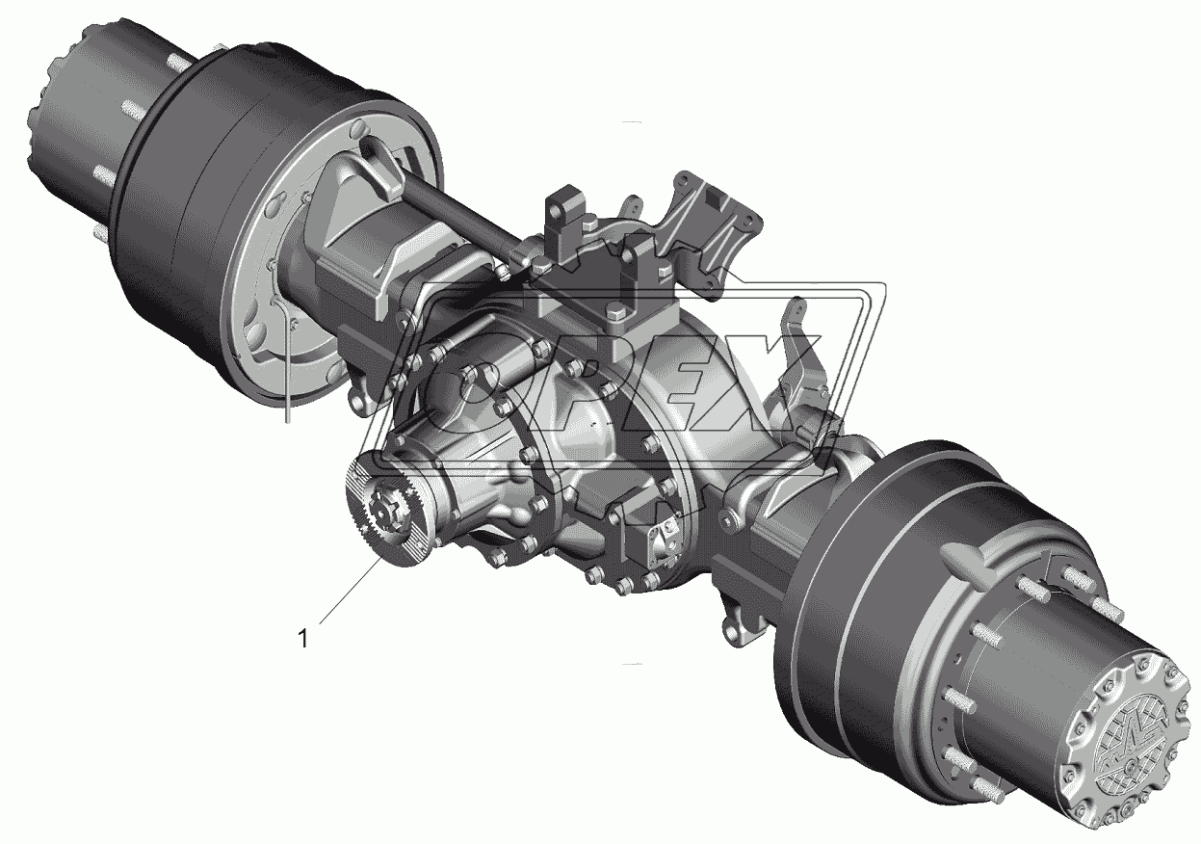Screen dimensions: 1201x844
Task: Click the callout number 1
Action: tap(303, 639)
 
